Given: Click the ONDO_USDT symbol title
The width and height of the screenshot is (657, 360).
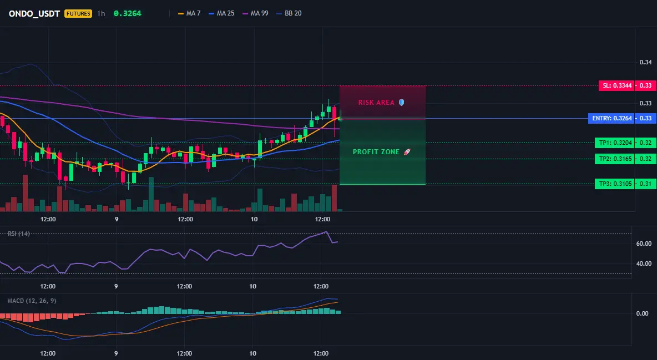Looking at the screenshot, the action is pos(35,13).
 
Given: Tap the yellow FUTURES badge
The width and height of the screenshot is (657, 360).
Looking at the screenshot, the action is pos(78,13).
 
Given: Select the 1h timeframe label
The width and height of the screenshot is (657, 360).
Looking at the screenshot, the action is pos(101,13).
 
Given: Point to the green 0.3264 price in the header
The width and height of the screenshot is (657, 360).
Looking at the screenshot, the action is pos(128,13).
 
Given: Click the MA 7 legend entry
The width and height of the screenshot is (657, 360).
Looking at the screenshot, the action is pos(189,13).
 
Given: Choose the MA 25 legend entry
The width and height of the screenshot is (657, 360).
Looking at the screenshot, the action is pos(221,13).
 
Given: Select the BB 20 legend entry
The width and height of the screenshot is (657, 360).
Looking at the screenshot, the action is pos(289,13).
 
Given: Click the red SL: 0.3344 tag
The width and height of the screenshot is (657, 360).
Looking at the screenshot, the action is pos(617,85).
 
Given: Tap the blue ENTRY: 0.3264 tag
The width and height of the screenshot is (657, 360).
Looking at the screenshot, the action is pos(611,118).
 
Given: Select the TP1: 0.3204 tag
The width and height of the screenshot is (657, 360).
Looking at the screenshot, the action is pos(615,143).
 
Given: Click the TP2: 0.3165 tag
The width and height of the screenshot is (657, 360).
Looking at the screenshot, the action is pos(615,159).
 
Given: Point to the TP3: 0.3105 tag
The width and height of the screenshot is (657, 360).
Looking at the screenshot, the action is pos(615,184).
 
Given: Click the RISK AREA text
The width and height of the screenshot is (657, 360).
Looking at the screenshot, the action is pos(376,103).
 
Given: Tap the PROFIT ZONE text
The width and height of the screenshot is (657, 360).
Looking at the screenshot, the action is pos(376,152).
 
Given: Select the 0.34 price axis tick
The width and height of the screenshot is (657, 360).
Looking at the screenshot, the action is pos(645,63).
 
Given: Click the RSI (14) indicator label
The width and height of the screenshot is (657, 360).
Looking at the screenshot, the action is pos(18,234).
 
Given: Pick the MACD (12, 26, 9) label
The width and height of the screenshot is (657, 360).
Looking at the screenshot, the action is pos(32,301).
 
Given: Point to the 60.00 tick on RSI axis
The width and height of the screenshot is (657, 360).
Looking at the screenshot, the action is pos(644,244).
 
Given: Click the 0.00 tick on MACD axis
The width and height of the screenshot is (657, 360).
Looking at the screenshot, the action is pos(643,313).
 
